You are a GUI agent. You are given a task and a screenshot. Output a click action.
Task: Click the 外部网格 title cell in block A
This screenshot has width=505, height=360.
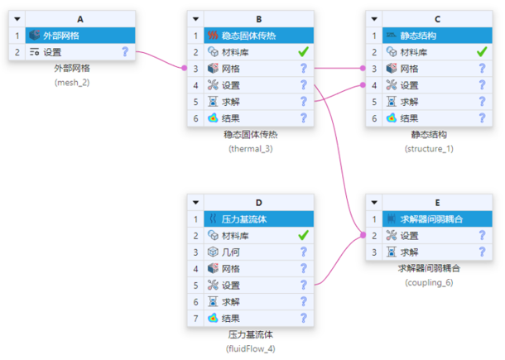[x=80, y=36]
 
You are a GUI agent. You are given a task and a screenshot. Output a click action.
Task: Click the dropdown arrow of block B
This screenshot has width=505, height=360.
[x=195, y=19]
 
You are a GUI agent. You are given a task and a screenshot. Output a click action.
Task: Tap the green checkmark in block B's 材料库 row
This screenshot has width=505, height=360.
[x=303, y=52]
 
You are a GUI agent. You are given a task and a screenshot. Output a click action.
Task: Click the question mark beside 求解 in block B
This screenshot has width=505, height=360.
[x=303, y=102]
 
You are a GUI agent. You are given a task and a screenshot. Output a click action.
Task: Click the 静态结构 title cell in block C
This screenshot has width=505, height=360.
[x=437, y=36]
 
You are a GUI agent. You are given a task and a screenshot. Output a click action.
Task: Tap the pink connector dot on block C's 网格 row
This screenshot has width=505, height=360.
[x=363, y=68]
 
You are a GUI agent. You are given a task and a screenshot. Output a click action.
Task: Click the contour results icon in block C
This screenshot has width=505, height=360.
[x=391, y=118]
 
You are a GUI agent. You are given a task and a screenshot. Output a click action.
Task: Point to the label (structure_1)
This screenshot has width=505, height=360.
[x=429, y=149]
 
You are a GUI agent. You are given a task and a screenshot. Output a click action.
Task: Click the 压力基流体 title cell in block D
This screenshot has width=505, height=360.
[x=258, y=219]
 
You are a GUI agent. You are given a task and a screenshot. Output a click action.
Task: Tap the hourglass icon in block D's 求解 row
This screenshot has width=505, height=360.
[x=213, y=302]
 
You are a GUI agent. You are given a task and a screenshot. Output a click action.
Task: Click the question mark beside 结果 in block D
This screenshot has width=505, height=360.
[x=303, y=318]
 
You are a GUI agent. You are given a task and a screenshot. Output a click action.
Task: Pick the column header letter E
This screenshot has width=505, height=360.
[x=437, y=203]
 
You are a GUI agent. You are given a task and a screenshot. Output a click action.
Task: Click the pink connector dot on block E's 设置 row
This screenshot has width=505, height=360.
[x=363, y=235]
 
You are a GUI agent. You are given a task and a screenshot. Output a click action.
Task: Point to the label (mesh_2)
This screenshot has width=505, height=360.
[x=72, y=83]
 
